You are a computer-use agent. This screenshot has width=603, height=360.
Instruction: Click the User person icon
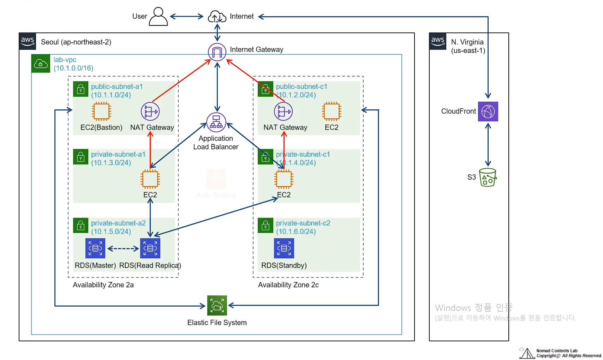tap(158, 17)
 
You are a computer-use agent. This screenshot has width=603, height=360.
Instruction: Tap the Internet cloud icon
tap(217, 17)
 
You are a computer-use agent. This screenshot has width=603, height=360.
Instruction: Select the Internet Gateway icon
tap(217, 52)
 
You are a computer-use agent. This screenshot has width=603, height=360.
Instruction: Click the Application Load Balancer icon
tap(216, 122)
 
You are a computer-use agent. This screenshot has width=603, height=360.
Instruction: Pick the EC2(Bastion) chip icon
tap(101, 112)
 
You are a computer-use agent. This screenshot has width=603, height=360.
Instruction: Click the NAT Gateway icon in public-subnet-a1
tap(150, 112)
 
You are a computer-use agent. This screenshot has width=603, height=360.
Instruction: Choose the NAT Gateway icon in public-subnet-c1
tap(283, 112)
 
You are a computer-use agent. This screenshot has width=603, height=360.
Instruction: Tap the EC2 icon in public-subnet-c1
tap(332, 112)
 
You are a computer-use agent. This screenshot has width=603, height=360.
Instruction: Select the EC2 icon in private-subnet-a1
tap(150, 179)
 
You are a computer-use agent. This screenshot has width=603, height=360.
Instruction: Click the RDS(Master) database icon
tap(95, 248)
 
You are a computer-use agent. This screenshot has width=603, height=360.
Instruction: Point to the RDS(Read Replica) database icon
tap(150, 248)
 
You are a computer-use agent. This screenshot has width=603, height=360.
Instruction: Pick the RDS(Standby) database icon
tap(284, 248)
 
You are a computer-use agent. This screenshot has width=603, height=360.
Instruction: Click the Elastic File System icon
tap(217, 305)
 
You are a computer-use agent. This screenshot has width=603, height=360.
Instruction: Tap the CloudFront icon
tap(488, 112)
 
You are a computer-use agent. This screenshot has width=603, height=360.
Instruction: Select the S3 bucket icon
tap(488, 177)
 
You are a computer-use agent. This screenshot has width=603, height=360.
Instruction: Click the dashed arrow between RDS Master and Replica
tap(123, 248)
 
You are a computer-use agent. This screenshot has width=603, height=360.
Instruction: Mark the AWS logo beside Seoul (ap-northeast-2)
tap(28, 41)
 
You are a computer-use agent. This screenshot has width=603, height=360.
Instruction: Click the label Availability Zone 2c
tap(288, 285)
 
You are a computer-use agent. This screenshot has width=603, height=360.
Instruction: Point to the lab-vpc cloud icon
tap(41, 64)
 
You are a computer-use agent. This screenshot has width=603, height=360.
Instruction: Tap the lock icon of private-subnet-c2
tap(265, 226)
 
